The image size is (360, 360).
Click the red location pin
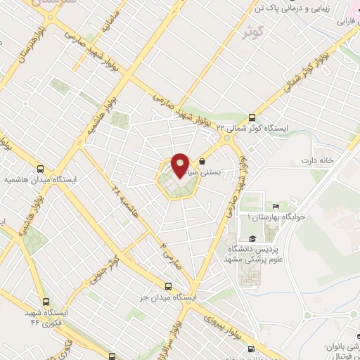180,165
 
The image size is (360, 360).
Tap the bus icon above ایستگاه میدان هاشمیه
40,169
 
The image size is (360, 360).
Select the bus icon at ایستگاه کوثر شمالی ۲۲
252,117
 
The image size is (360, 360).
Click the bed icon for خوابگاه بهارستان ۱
276,205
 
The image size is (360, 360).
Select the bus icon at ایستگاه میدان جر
167,286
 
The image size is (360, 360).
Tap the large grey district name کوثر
252,33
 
